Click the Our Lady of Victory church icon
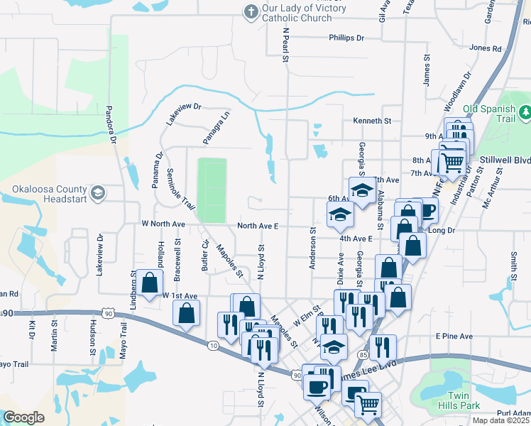point(249,11)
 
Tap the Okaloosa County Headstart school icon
point(97,192)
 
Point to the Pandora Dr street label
point(110,125)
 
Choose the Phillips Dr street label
point(346,38)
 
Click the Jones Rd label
point(486,48)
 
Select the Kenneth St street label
point(372,121)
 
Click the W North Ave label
point(163,224)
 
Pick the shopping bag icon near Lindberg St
point(150,283)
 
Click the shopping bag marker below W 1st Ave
point(185,312)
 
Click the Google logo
point(23,417)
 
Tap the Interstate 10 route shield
point(214,345)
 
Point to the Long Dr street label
point(441,230)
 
